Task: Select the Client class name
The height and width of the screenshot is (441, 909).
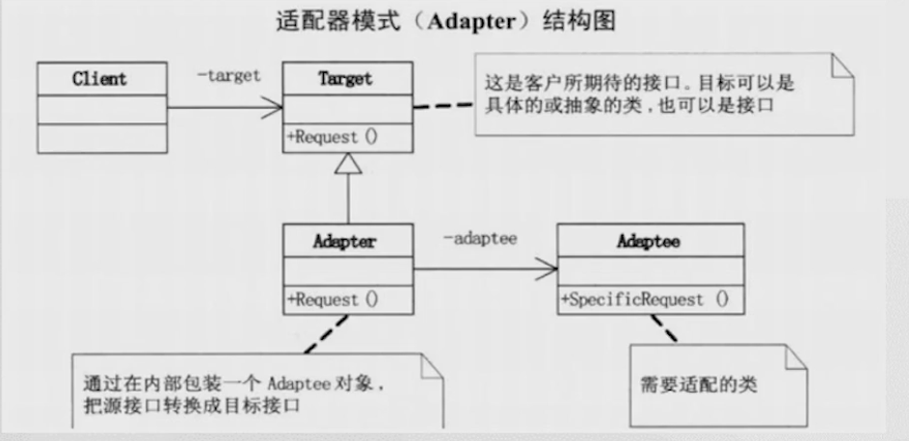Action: click(99, 79)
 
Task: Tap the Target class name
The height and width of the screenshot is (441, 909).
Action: click(346, 79)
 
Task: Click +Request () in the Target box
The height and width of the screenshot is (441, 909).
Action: click(332, 137)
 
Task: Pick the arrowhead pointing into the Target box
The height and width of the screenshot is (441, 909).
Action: click(274, 108)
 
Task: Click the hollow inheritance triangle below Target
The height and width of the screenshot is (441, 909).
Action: click(348, 165)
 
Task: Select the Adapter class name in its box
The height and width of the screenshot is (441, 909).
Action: click(344, 242)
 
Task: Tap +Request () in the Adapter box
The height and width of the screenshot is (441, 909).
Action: click(332, 299)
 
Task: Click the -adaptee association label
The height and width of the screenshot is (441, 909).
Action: click(481, 238)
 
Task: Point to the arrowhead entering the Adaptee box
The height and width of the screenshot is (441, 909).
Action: click(549, 271)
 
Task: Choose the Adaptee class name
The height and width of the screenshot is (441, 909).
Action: click(648, 242)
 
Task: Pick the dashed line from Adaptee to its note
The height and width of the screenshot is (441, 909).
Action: click(663, 327)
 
